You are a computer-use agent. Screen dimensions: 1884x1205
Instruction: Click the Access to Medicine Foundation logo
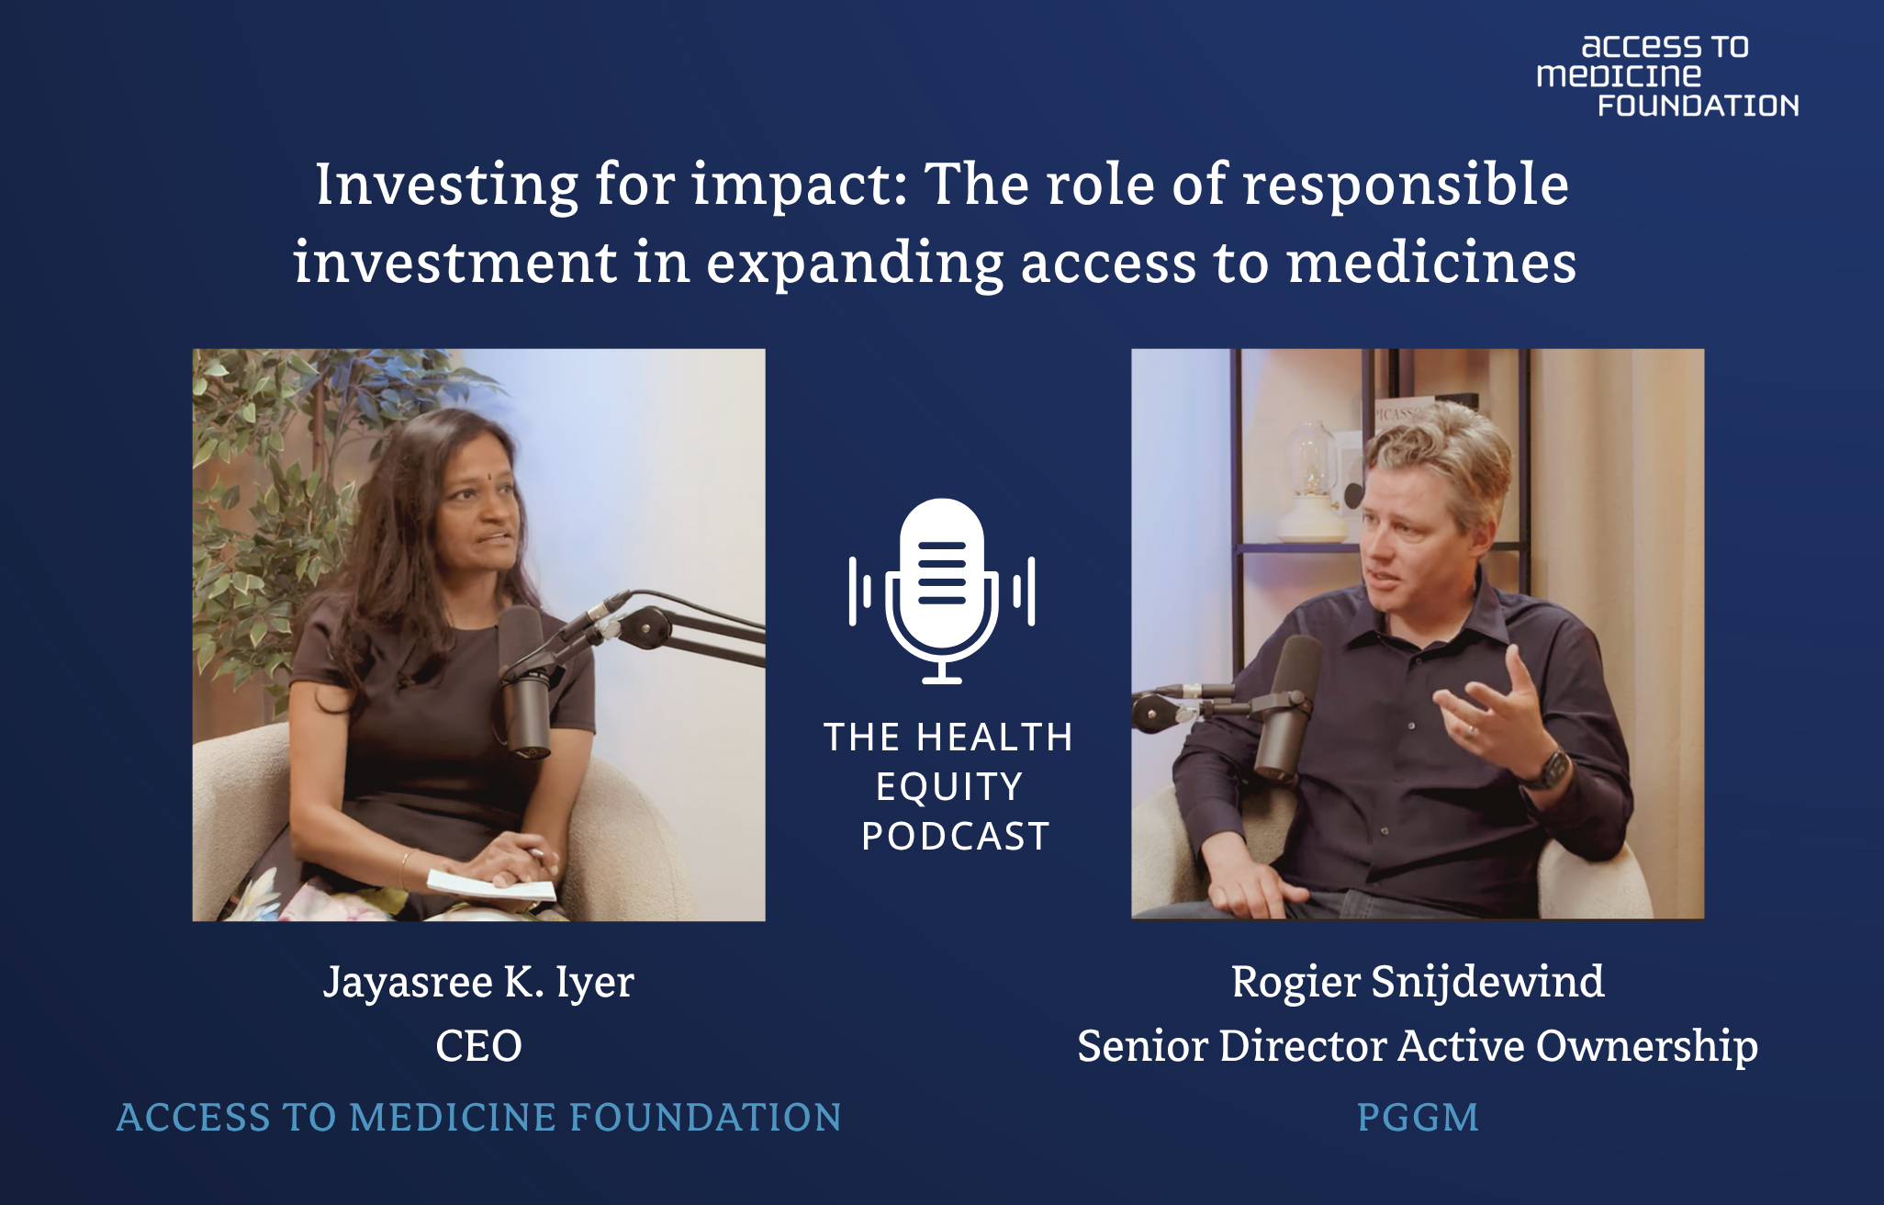(1667, 76)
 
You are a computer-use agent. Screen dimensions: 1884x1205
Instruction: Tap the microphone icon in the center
(942, 591)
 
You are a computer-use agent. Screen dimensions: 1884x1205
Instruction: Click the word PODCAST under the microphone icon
(955, 836)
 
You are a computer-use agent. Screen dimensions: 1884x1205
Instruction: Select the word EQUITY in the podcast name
(949, 787)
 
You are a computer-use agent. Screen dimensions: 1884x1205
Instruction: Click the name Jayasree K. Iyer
(478, 982)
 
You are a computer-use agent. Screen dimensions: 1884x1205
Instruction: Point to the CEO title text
(478, 1046)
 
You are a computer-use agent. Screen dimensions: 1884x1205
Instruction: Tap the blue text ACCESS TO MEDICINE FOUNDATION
(478, 1117)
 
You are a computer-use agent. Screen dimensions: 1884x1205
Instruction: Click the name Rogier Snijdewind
(1418, 982)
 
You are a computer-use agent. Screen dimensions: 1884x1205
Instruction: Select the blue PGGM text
(1418, 1117)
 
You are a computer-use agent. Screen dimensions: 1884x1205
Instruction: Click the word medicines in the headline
(1432, 263)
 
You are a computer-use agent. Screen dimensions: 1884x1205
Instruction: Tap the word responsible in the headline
(1406, 186)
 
